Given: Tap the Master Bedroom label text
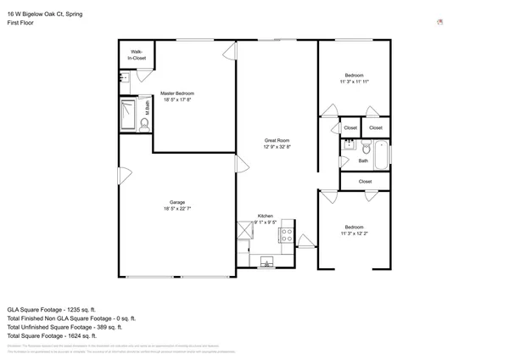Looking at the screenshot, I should point(178,93).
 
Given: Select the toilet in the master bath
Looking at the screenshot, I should point(143,124).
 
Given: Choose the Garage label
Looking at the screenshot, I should point(177,202).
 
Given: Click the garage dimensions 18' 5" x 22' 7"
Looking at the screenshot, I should point(177,209).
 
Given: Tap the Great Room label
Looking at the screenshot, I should point(277,140).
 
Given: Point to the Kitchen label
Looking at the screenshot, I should point(266,216).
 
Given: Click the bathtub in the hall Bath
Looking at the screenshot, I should point(380,153).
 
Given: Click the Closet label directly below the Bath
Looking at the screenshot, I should point(365,181).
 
